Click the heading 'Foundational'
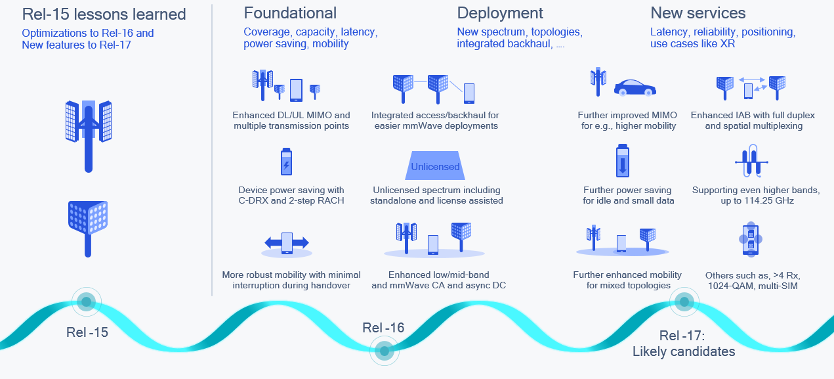click(290, 13)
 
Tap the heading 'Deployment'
click(500, 13)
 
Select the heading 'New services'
click(698, 13)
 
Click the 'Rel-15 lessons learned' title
click(104, 14)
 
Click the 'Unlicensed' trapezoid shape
click(435, 167)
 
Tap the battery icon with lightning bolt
click(286, 162)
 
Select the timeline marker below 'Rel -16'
click(384, 351)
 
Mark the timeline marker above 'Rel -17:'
click(684, 301)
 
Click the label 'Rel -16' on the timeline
click(383, 328)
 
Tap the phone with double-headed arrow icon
click(286, 243)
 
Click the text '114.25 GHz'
click(756, 200)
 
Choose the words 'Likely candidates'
click(684, 352)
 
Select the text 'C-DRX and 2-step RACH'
click(291, 200)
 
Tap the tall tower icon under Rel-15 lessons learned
click(89, 135)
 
